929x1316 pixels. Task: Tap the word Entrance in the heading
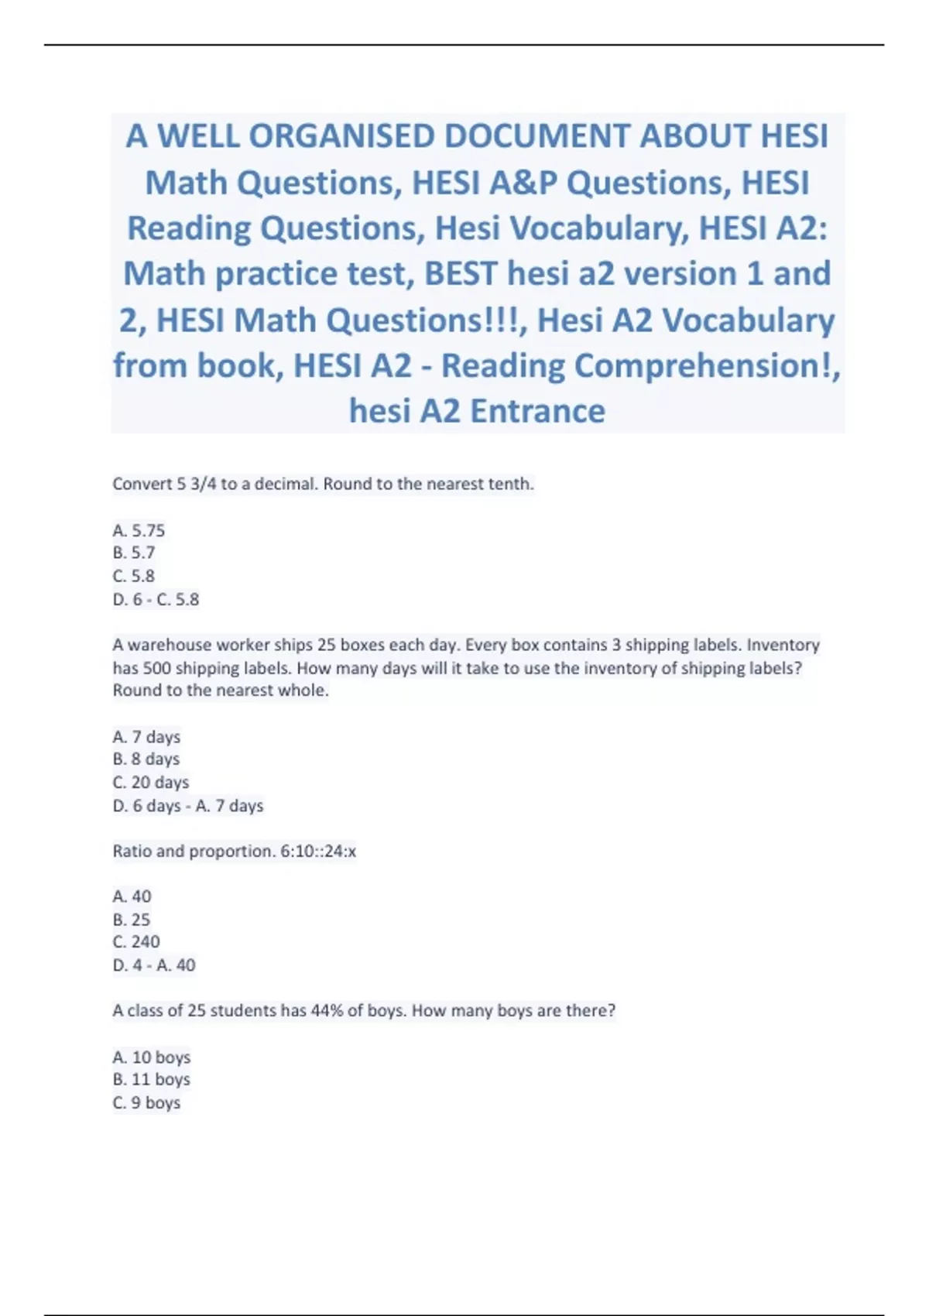click(537, 411)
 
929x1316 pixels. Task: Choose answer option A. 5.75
click(139, 530)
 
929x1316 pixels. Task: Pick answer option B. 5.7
click(134, 553)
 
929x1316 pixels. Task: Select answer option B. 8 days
click(146, 759)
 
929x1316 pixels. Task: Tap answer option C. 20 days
click(151, 783)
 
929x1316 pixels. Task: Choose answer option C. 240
click(136, 942)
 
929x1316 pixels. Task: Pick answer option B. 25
click(132, 920)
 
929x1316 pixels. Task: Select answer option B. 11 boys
click(152, 1080)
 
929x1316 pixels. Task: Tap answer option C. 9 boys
click(146, 1103)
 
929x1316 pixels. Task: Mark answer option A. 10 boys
click(152, 1057)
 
